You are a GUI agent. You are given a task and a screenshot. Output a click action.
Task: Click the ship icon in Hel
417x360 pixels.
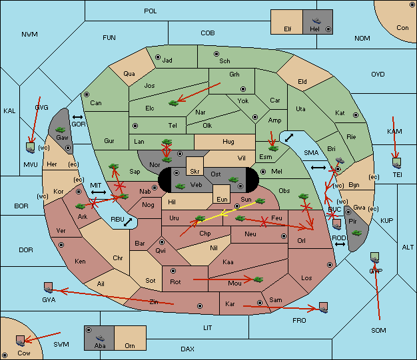pos(316,21)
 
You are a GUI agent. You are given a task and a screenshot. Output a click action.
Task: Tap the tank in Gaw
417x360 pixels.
pos(61,130)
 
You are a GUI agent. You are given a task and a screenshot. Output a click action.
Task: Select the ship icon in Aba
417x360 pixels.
pos(100,338)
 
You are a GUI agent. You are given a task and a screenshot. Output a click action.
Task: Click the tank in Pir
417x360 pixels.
pos(356,233)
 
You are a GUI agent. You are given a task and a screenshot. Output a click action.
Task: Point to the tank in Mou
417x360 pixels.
pos(258,279)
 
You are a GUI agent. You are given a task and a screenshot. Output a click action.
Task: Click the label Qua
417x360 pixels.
pos(129,73)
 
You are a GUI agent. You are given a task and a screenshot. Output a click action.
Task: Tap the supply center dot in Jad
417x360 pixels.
pos(158,57)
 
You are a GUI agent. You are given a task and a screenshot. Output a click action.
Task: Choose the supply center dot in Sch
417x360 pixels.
pos(216,54)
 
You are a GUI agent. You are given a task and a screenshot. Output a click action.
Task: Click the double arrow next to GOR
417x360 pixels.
pos(77,117)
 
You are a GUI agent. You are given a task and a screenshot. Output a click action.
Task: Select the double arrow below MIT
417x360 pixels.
pos(99,192)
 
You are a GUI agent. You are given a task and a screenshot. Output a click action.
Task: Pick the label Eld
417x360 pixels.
pos(302,82)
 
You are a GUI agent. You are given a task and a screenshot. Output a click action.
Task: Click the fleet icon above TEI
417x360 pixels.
pos(397,163)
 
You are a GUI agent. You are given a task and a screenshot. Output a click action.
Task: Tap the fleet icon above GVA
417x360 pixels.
pos(49,287)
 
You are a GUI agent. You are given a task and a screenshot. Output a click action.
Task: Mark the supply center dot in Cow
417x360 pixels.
pos(5,355)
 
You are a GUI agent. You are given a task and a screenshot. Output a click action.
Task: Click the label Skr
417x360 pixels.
pos(195,172)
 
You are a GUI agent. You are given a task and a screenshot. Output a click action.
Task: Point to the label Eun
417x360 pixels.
pos(222,199)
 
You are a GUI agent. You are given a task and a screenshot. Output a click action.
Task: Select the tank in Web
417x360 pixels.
pos(181,186)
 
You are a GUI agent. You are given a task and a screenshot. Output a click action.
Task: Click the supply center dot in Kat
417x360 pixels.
pos(356,115)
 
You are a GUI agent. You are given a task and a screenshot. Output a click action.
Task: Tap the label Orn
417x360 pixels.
pos(130,345)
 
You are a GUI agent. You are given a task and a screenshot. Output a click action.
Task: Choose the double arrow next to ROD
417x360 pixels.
pos(340,244)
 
